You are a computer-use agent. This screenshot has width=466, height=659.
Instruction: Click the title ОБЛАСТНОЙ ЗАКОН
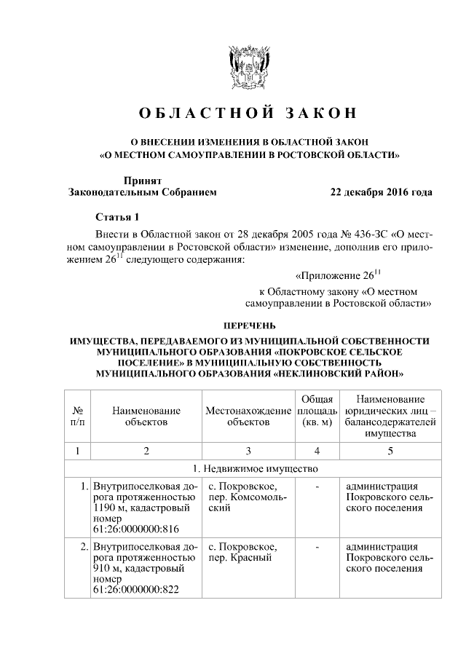point(249,113)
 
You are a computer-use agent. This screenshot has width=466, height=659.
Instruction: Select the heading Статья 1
point(116,217)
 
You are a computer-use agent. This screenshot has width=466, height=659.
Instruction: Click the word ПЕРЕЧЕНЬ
point(249,325)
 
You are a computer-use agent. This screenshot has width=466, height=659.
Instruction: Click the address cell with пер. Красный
point(240,558)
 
